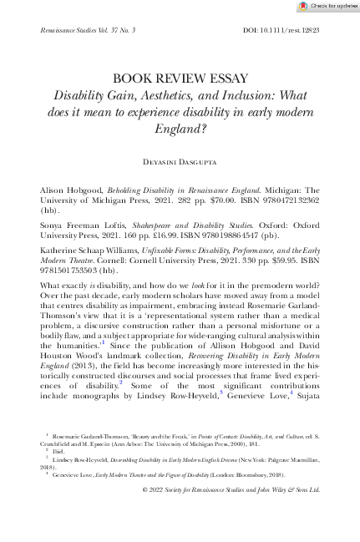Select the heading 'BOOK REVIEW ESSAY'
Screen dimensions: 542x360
click(x=180, y=79)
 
